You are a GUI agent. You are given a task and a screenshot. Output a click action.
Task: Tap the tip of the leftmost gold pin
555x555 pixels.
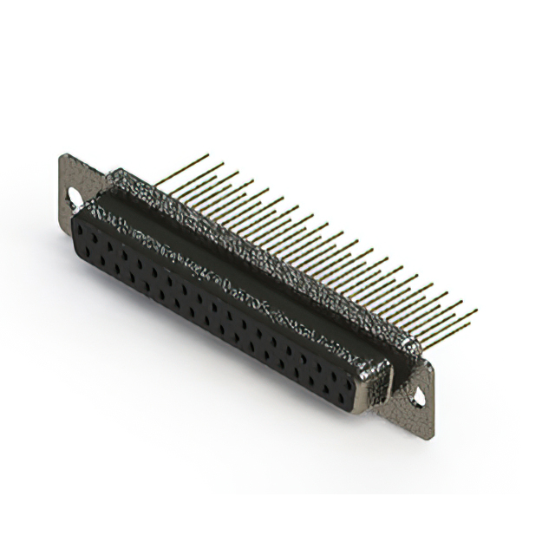point(207,155)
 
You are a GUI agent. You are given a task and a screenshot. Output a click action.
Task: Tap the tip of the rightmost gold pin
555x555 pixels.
point(476,310)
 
